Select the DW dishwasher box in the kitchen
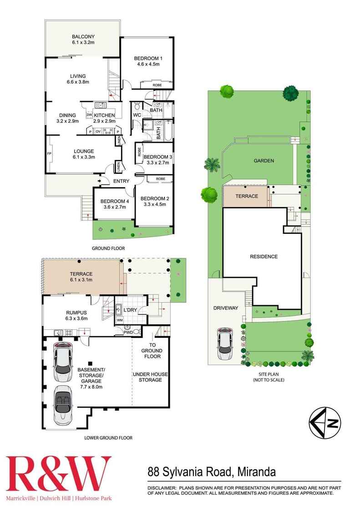click(89, 115)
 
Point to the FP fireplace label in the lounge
click(49, 154)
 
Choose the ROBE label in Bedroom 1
click(157, 85)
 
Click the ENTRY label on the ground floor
click(121, 181)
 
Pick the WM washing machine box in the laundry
click(120, 320)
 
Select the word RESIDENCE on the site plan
click(264, 256)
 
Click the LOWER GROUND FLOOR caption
click(108, 438)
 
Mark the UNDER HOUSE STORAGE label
click(147, 377)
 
